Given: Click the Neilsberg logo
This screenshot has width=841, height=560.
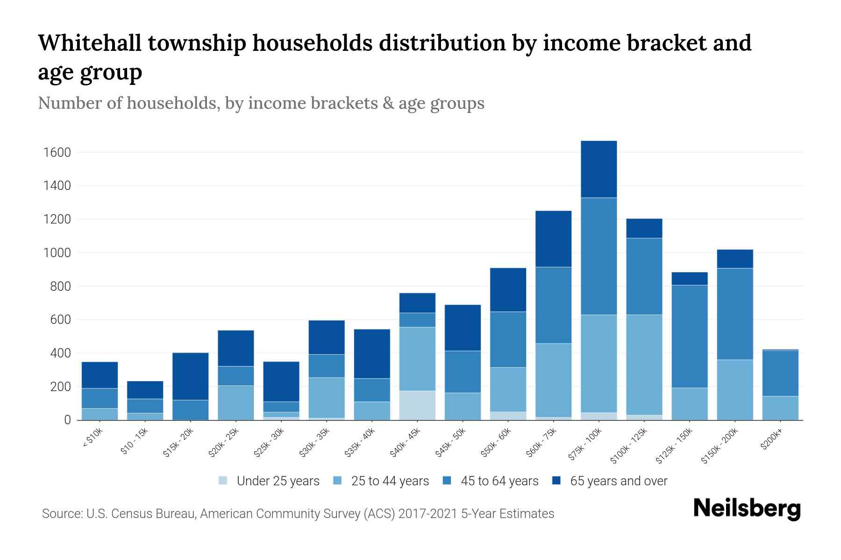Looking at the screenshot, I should pos(747,509).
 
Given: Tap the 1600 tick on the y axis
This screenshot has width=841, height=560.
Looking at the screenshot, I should pos(57,153).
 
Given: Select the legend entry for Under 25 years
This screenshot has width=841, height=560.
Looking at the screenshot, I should pos(278,481).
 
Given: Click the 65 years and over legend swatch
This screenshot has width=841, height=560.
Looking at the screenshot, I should pos(556,481).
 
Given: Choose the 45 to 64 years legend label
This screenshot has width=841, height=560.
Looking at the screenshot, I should pos(499,481).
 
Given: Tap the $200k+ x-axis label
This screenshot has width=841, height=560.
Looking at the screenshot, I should pos(771,441).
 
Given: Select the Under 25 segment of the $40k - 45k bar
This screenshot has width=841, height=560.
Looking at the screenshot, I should pos(417,405).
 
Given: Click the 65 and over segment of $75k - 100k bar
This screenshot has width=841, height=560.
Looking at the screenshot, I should pos(599,169).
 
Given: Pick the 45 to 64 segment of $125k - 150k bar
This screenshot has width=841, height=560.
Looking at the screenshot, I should pos(689,336).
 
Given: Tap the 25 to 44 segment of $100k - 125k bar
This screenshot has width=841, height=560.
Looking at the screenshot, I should pos(644,364).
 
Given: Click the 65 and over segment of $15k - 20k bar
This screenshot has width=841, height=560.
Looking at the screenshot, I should pos(190,376).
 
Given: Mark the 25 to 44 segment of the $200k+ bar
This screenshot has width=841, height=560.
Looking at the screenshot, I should pos(780,408).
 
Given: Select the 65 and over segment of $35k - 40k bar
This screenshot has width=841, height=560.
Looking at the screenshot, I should pos(372,354).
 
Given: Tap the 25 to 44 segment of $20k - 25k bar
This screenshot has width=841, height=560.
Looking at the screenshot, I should pos(235,402).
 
